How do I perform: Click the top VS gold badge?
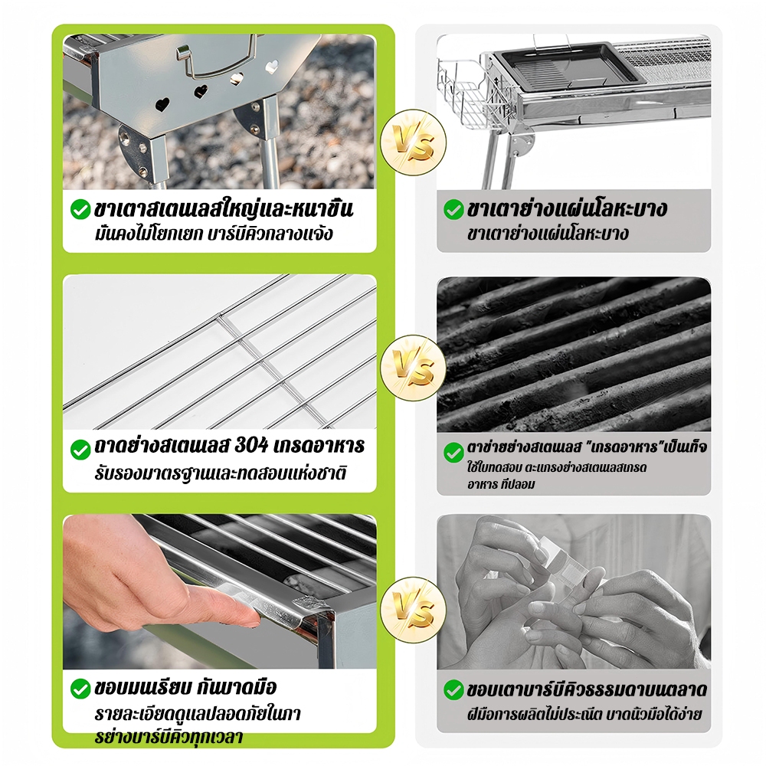(x=413, y=142)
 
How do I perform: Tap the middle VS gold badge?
(x=413, y=368)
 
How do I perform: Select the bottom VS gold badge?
(x=413, y=609)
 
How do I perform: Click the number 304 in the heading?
(x=251, y=446)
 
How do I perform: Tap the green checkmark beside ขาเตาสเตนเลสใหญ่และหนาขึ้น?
(x=80, y=210)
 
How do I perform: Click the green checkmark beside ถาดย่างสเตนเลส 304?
(x=80, y=450)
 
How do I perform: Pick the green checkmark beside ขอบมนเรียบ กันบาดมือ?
(x=80, y=689)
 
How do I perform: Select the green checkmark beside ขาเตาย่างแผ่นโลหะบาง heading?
(x=453, y=210)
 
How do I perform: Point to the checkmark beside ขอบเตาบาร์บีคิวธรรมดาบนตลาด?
(x=453, y=690)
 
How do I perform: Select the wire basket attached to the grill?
(x=463, y=95)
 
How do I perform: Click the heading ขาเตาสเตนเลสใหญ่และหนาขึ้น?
(x=223, y=208)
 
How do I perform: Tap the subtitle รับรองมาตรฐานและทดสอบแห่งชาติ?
(x=221, y=473)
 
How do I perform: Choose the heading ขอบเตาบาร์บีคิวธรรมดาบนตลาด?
(x=587, y=690)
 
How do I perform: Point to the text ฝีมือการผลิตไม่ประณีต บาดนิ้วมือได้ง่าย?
(x=584, y=714)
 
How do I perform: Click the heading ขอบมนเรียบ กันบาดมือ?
(x=185, y=687)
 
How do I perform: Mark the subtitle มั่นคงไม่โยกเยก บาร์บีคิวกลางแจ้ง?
(x=214, y=234)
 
